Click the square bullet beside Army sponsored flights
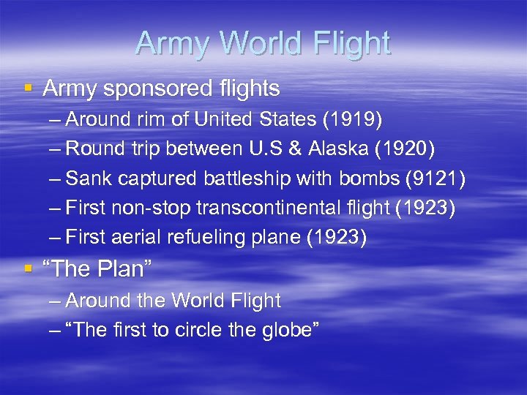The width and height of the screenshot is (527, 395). point(29,88)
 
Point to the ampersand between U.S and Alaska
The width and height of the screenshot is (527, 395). point(295,149)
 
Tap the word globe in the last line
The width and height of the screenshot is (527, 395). point(289,330)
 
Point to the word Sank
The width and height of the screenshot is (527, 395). point(89,179)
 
